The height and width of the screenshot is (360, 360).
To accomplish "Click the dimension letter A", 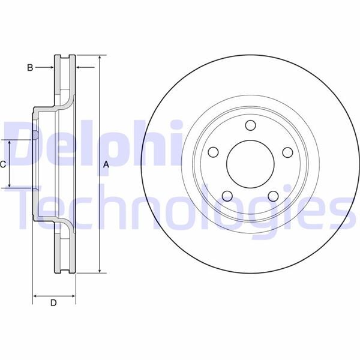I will click(x=106, y=164).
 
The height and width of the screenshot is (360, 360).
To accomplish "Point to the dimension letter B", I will click(x=29, y=68).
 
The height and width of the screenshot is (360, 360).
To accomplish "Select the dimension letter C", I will click(x=3, y=164).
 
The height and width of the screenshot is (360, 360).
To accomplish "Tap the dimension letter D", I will click(x=53, y=304).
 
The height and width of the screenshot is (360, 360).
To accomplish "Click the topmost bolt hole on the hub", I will click(x=250, y=125).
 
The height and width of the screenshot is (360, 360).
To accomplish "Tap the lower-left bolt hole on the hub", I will click(x=226, y=196).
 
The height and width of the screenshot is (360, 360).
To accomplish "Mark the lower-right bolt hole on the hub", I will click(x=272, y=196).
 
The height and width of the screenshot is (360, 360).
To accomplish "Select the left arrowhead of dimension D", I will click(x=35, y=296).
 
